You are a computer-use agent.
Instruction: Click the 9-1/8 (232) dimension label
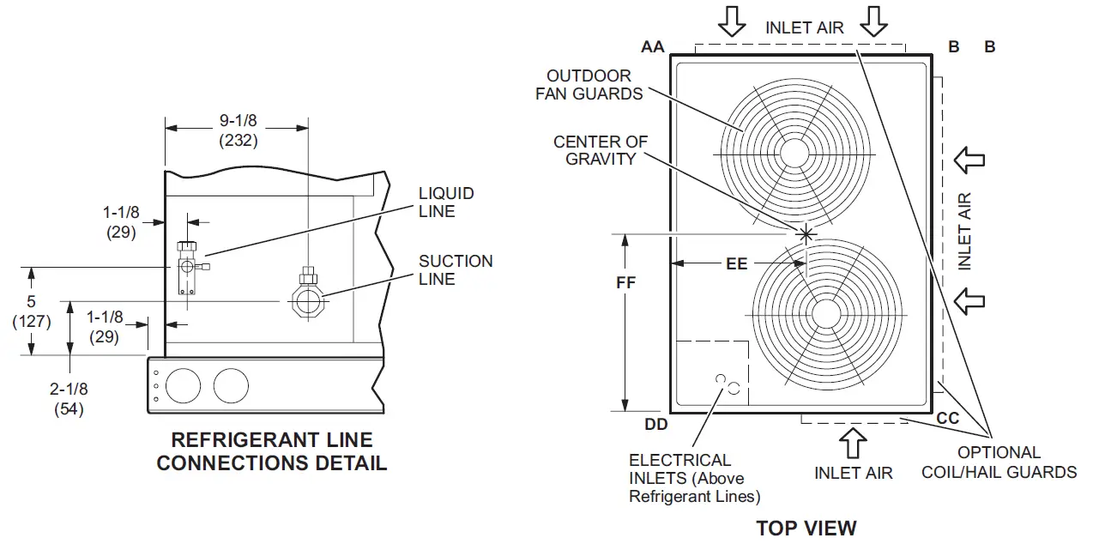coord(238,130)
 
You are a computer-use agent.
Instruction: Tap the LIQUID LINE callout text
coord(446,202)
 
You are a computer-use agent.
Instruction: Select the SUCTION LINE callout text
coord(456,270)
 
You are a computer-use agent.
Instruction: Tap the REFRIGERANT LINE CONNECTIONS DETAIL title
coord(271,452)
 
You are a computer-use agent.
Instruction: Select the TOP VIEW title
coord(806,528)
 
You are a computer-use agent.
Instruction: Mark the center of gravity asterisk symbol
coord(806,233)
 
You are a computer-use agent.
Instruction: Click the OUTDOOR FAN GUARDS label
coord(589,85)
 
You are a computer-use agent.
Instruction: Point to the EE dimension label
coord(737,263)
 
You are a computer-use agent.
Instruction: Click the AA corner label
coord(653,47)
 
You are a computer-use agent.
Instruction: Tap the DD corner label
coord(655,423)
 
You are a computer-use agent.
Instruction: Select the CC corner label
coord(948,419)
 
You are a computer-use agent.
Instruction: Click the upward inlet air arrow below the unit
coord(854,443)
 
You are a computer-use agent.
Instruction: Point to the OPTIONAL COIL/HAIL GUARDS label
coord(999,462)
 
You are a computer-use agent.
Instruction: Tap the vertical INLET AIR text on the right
coord(965,231)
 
